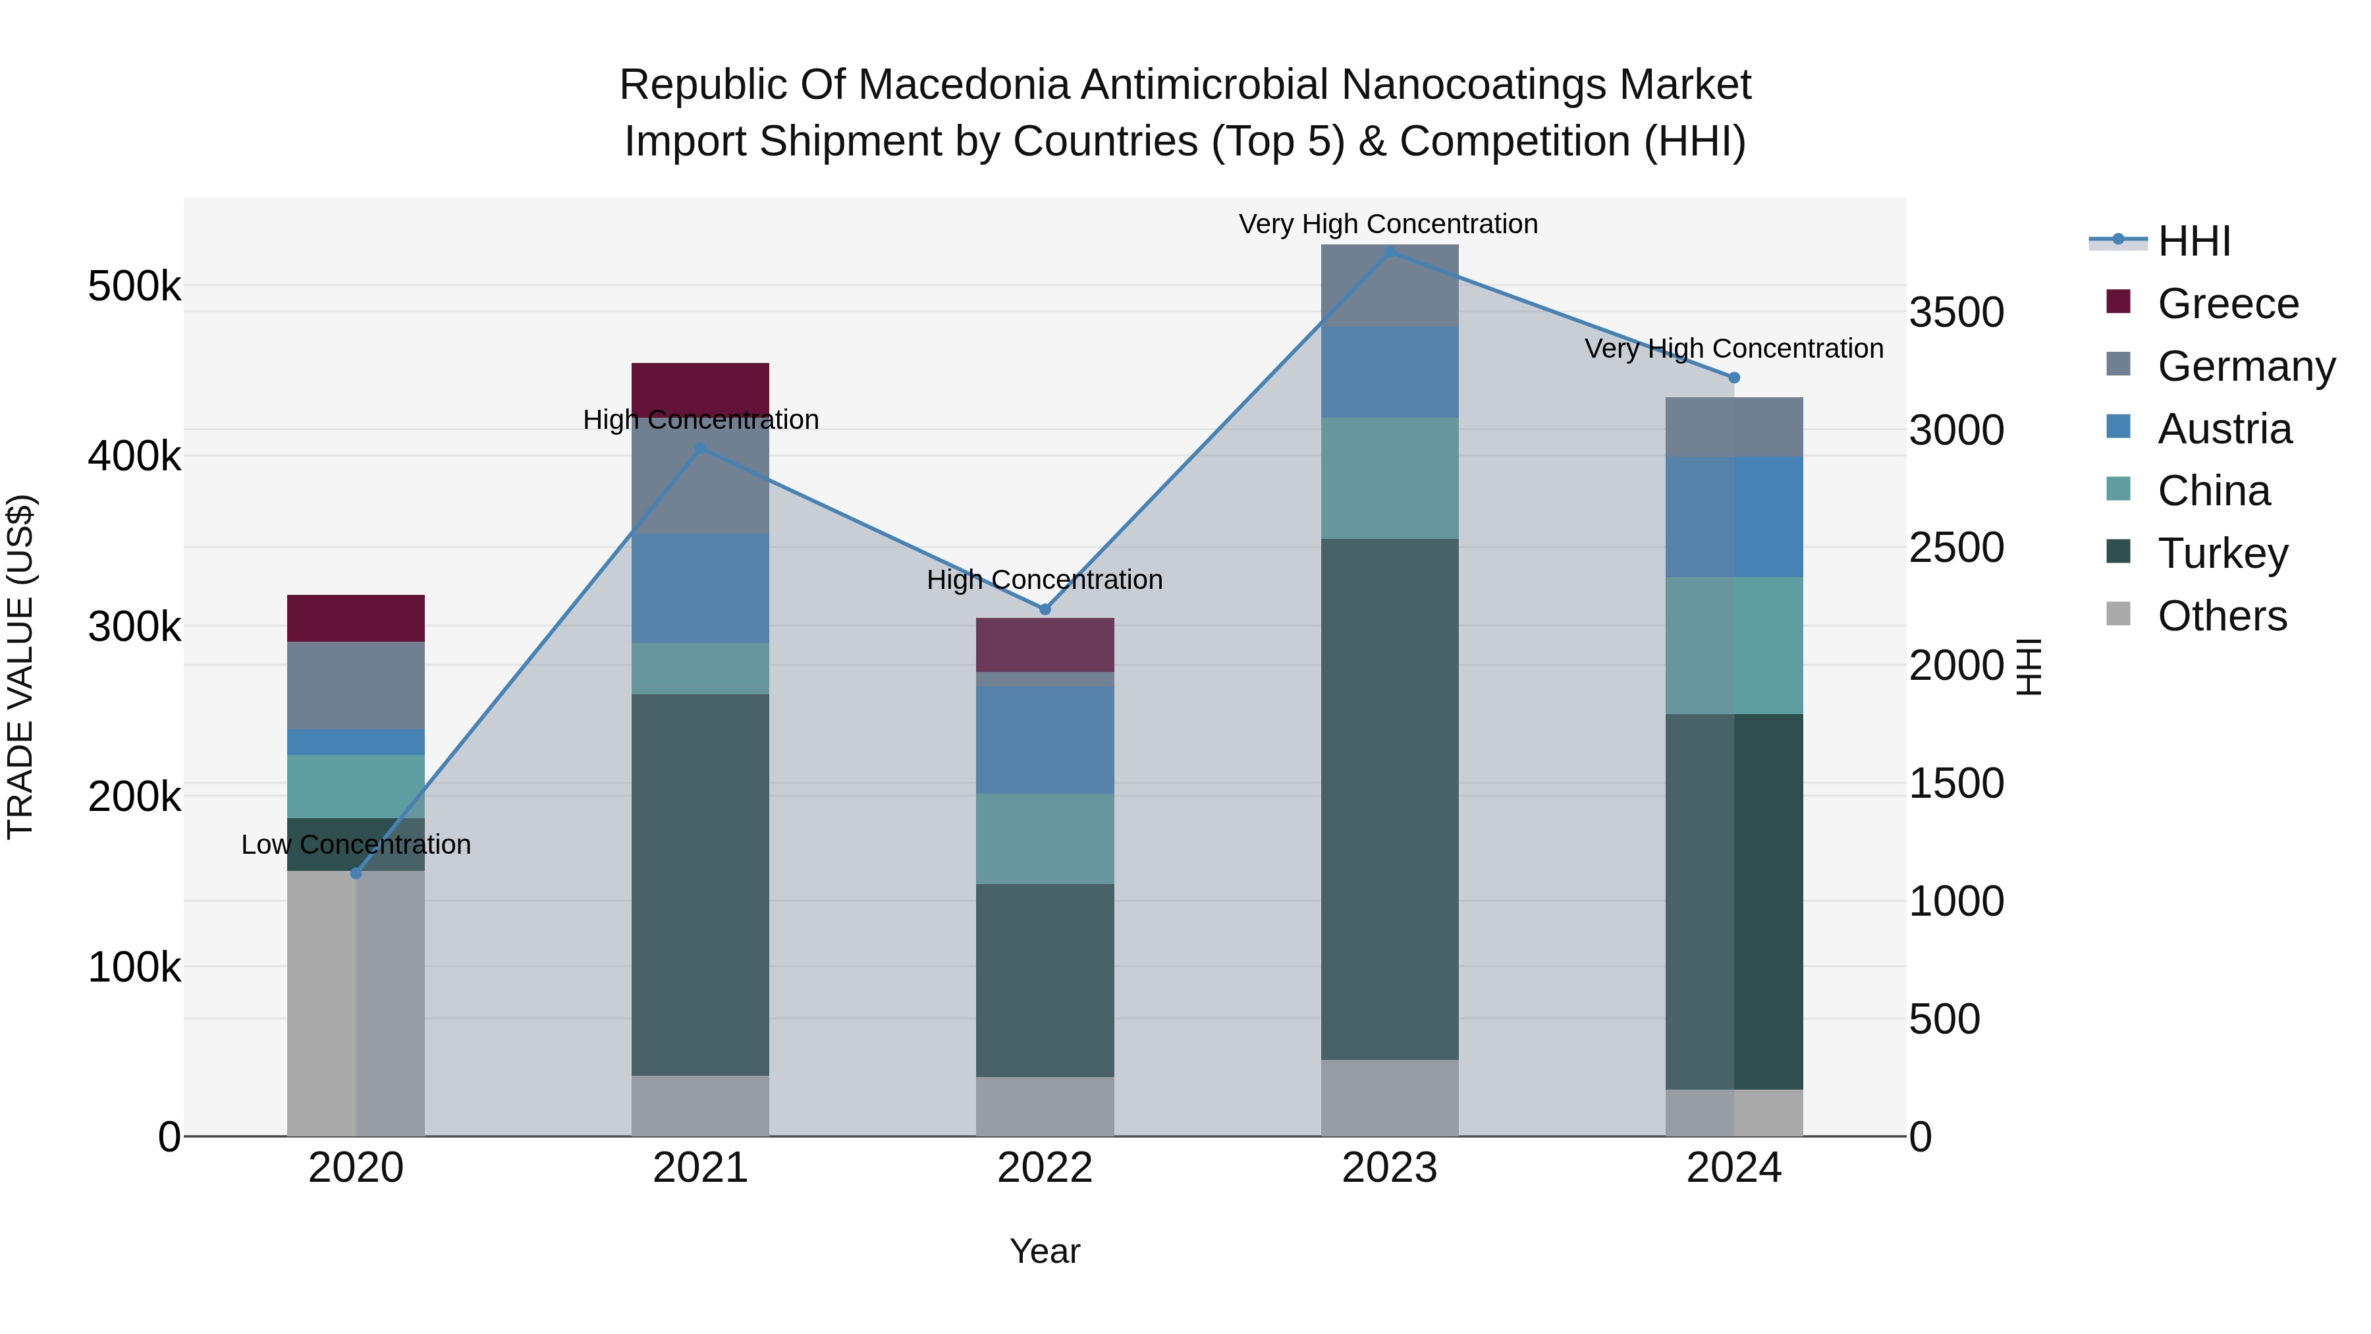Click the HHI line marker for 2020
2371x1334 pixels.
(x=356, y=873)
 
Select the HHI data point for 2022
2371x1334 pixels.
(x=1045, y=609)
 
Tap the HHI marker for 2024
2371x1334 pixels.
(x=1734, y=377)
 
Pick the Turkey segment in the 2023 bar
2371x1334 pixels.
(x=1389, y=799)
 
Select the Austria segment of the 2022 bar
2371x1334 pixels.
(x=1045, y=740)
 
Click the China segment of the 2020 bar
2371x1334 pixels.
(x=356, y=786)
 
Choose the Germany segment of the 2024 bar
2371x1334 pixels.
(x=1734, y=427)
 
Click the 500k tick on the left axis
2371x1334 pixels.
(x=134, y=287)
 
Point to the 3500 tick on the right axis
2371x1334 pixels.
(x=1956, y=312)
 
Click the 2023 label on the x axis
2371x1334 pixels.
(x=1389, y=1168)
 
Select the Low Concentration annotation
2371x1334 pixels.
(x=356, y=845)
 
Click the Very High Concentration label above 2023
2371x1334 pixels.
(x=1388, y=224)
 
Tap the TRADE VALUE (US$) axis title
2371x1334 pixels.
(x=20, y=667)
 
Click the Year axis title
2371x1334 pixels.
(x=1045, y=1251)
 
